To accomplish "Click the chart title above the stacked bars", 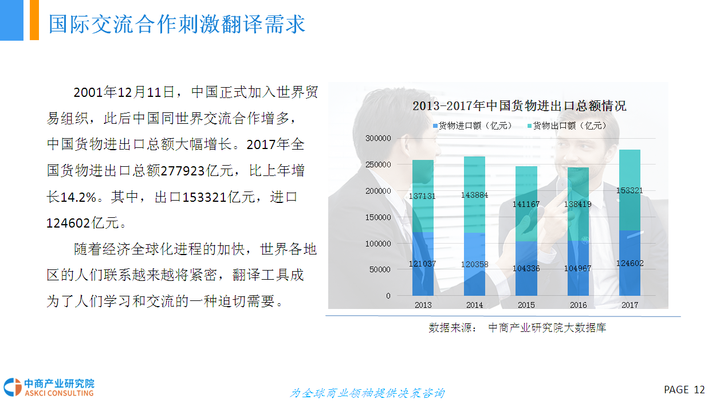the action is (x=519, y=106).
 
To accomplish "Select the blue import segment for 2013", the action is (x=423, y=264).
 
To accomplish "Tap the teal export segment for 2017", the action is (x=630, y=190).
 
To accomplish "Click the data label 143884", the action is (x=474, y=195).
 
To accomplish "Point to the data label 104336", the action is (x=526, y=268).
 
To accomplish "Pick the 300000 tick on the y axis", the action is (x=378, y=138).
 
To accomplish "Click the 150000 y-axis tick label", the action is (x=378, y=217).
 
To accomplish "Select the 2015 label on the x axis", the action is (x=526, y=305).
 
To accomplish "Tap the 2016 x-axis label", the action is (x=578, y=305).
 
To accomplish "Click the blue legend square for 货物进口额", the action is (x=435, y=126).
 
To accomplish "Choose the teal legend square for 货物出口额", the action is (x=529, y=126).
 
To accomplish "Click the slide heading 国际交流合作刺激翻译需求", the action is (x=177, y=24).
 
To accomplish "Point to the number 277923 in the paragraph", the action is (x=183, y=171).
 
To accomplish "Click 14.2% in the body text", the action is (x=78, y=197).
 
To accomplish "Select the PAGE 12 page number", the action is (x=684, y=389).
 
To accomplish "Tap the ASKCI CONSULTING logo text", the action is (x=59, y=393).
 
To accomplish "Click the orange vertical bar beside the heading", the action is (x=34, y=20).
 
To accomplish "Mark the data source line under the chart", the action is (x=517, y=328).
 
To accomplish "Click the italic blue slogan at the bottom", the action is (x=367, y=393).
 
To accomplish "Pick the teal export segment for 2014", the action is (x=474, y=194).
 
